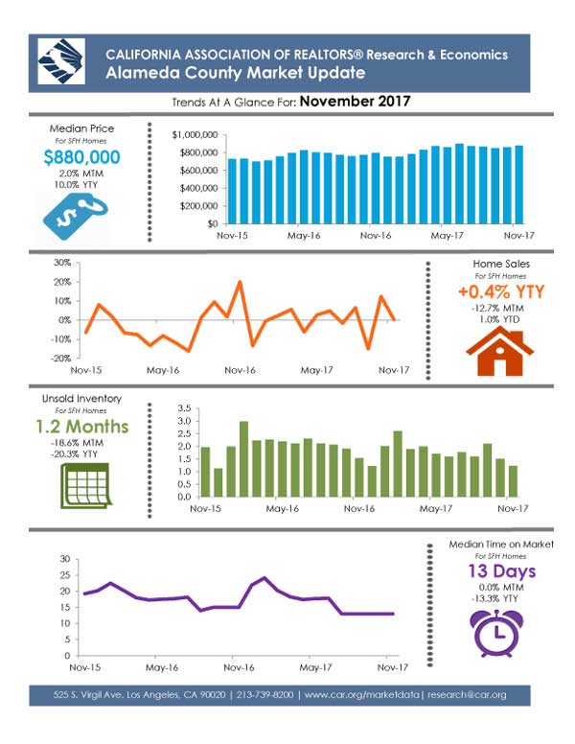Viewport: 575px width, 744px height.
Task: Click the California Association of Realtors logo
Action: [x=61, y=61]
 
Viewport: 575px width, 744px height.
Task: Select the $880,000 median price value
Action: [x=81, y=157]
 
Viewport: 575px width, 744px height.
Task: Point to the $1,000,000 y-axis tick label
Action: [x=195, y=135]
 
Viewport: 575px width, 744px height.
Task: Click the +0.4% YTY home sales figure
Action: [x=501, y=291]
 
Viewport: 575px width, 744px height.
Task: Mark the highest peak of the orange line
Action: [x=240, y=282]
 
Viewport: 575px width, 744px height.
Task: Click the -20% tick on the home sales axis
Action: [x=60, y=359]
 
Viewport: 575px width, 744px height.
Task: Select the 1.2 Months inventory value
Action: [x=82, y=426]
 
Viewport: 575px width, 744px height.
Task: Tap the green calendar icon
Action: [x=85, y=485]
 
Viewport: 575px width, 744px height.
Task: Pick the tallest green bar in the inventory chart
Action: [x=243, y=459]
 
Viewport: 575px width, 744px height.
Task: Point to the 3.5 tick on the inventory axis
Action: [x=184, y=408]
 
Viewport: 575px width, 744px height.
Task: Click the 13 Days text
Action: [x=501, y=570]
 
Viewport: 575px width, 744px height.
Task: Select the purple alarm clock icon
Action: [x=497, y=633]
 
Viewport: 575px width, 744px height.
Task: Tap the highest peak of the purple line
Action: [x=264, y=577]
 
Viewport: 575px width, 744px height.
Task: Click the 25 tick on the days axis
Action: [x=65, y=575]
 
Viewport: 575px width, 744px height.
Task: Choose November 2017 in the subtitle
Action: [x=355, y=101]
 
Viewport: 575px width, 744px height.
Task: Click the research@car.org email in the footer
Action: [x=467, y=695]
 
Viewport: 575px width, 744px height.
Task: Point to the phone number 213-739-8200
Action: [x=264, y=695]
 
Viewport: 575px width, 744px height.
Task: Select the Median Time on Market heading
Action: [x=501, y=545]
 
